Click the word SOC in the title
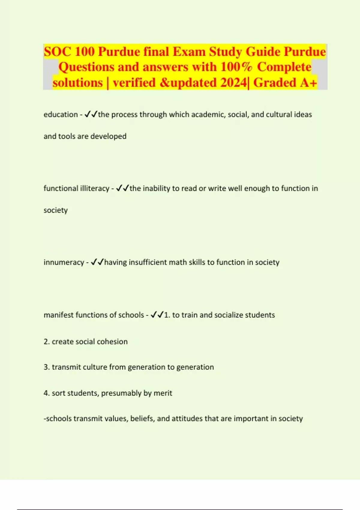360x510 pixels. click(57, 52)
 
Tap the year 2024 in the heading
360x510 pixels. click(234, 82)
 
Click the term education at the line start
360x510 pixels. click(61, 115)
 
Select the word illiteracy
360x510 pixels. click(94, 188)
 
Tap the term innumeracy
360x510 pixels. click(64, 262)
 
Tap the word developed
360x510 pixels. click(108, 136)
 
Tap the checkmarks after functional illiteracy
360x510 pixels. click(122, 188)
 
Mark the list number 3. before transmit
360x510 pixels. click(46, 367)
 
